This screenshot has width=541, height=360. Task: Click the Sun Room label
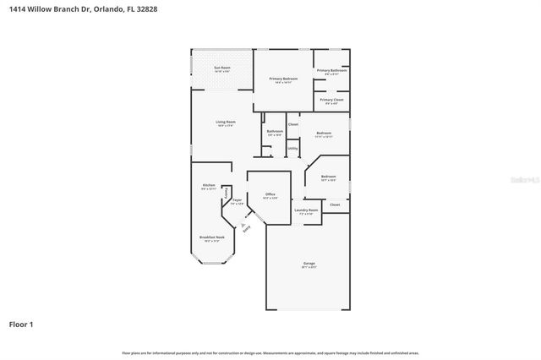click(222, 68)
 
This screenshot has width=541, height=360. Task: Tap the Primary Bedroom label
click(281, 79)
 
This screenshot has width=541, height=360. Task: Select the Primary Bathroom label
click(331, 71)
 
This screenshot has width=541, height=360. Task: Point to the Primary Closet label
click(331, 101)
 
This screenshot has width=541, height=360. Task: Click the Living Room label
click(225, 123)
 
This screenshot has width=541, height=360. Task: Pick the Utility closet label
click(292, 149)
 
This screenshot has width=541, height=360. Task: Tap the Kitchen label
click(208, 186)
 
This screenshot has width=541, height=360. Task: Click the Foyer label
click(238, 201)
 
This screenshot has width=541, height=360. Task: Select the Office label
click(270, 195)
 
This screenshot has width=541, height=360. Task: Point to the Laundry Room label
click(305, 211)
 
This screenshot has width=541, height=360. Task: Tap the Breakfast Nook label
click(211, 238)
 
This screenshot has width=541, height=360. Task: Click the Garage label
click(309, 265)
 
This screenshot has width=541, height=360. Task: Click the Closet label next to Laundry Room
click(335, 205)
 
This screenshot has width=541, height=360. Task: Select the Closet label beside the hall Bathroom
click(293, 125)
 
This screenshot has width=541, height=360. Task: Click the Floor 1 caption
click(21, 324)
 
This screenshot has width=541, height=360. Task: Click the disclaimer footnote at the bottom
click(270, 352)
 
